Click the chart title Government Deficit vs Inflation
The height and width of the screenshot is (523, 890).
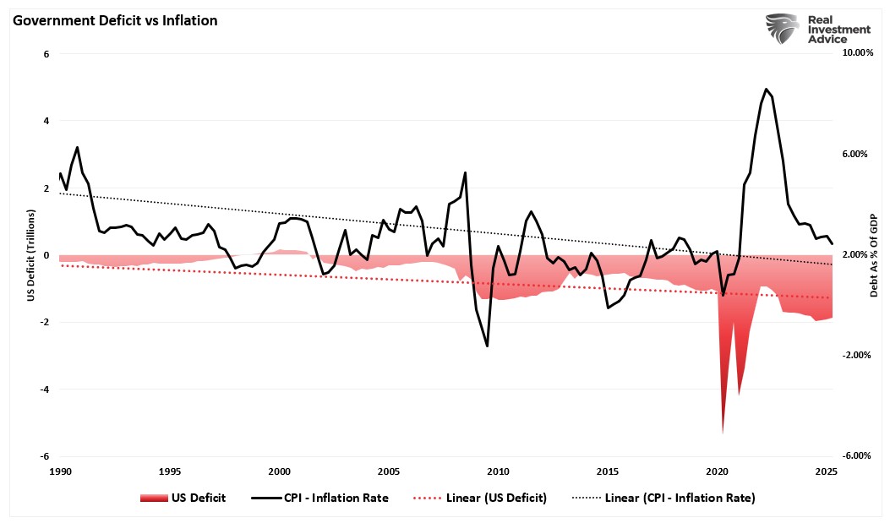click(114, 21)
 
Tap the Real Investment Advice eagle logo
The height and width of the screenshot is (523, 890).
click(782, 29)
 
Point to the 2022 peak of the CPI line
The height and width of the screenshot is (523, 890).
click(766, 89)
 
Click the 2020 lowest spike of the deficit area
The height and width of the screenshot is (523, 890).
click(723, 433)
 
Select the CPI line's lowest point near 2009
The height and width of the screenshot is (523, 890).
click(487, 346)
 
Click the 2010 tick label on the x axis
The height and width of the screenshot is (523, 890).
click(498, 471)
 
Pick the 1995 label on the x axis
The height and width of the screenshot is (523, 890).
click(169, 471)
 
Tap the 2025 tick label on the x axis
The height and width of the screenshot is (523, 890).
click(826, 471)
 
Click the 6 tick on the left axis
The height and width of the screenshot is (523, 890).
click(46, 54)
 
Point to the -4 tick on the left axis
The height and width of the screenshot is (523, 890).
click(44, 390)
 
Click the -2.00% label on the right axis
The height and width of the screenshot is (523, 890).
click(857, 356)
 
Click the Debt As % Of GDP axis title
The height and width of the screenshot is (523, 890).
click(874, 254)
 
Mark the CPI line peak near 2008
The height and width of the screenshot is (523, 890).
click(466, 172)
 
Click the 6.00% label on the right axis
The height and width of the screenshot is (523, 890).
click(857, 155)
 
